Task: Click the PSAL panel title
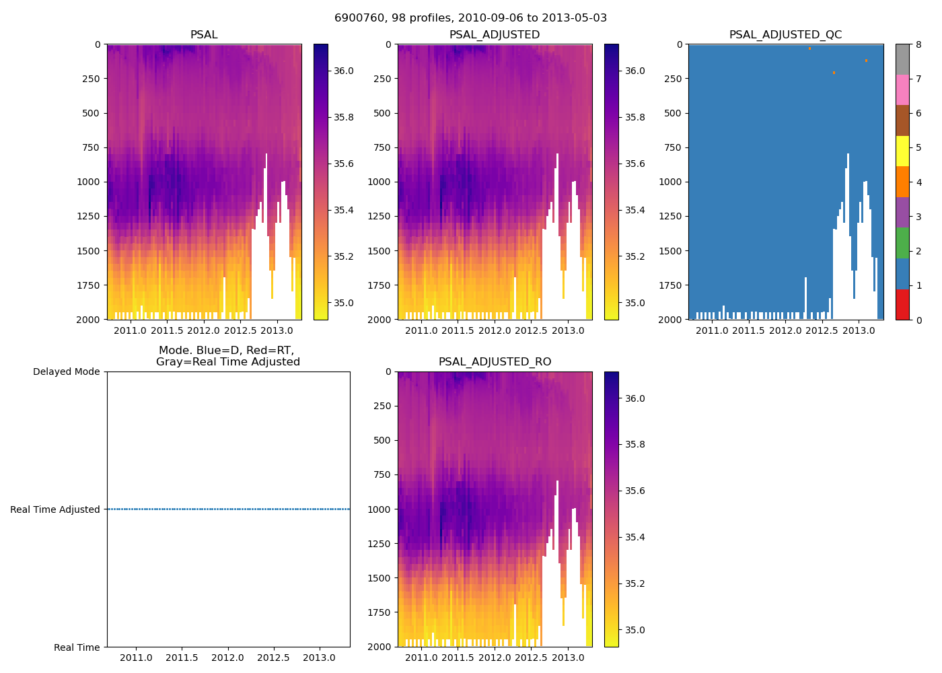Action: tap(204, 35)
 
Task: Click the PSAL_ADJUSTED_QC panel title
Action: tap(785, 35)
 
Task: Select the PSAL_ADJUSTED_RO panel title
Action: tap(495, 362)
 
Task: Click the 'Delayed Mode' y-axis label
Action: tap(66, 371)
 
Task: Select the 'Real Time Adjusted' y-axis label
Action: tap(55, 509)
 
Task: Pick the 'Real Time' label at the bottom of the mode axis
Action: tap(77, 647)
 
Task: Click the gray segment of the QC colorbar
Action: tap(902, 59)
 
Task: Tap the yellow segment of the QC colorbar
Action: tap(902, 151)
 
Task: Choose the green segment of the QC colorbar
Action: tap(902, 243)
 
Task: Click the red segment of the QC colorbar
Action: tap(902, 304)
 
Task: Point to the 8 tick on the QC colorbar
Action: tap(918, 44)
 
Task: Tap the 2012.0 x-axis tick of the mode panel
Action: tap(228, 658)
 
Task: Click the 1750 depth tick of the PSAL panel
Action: tap(89, 285)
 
